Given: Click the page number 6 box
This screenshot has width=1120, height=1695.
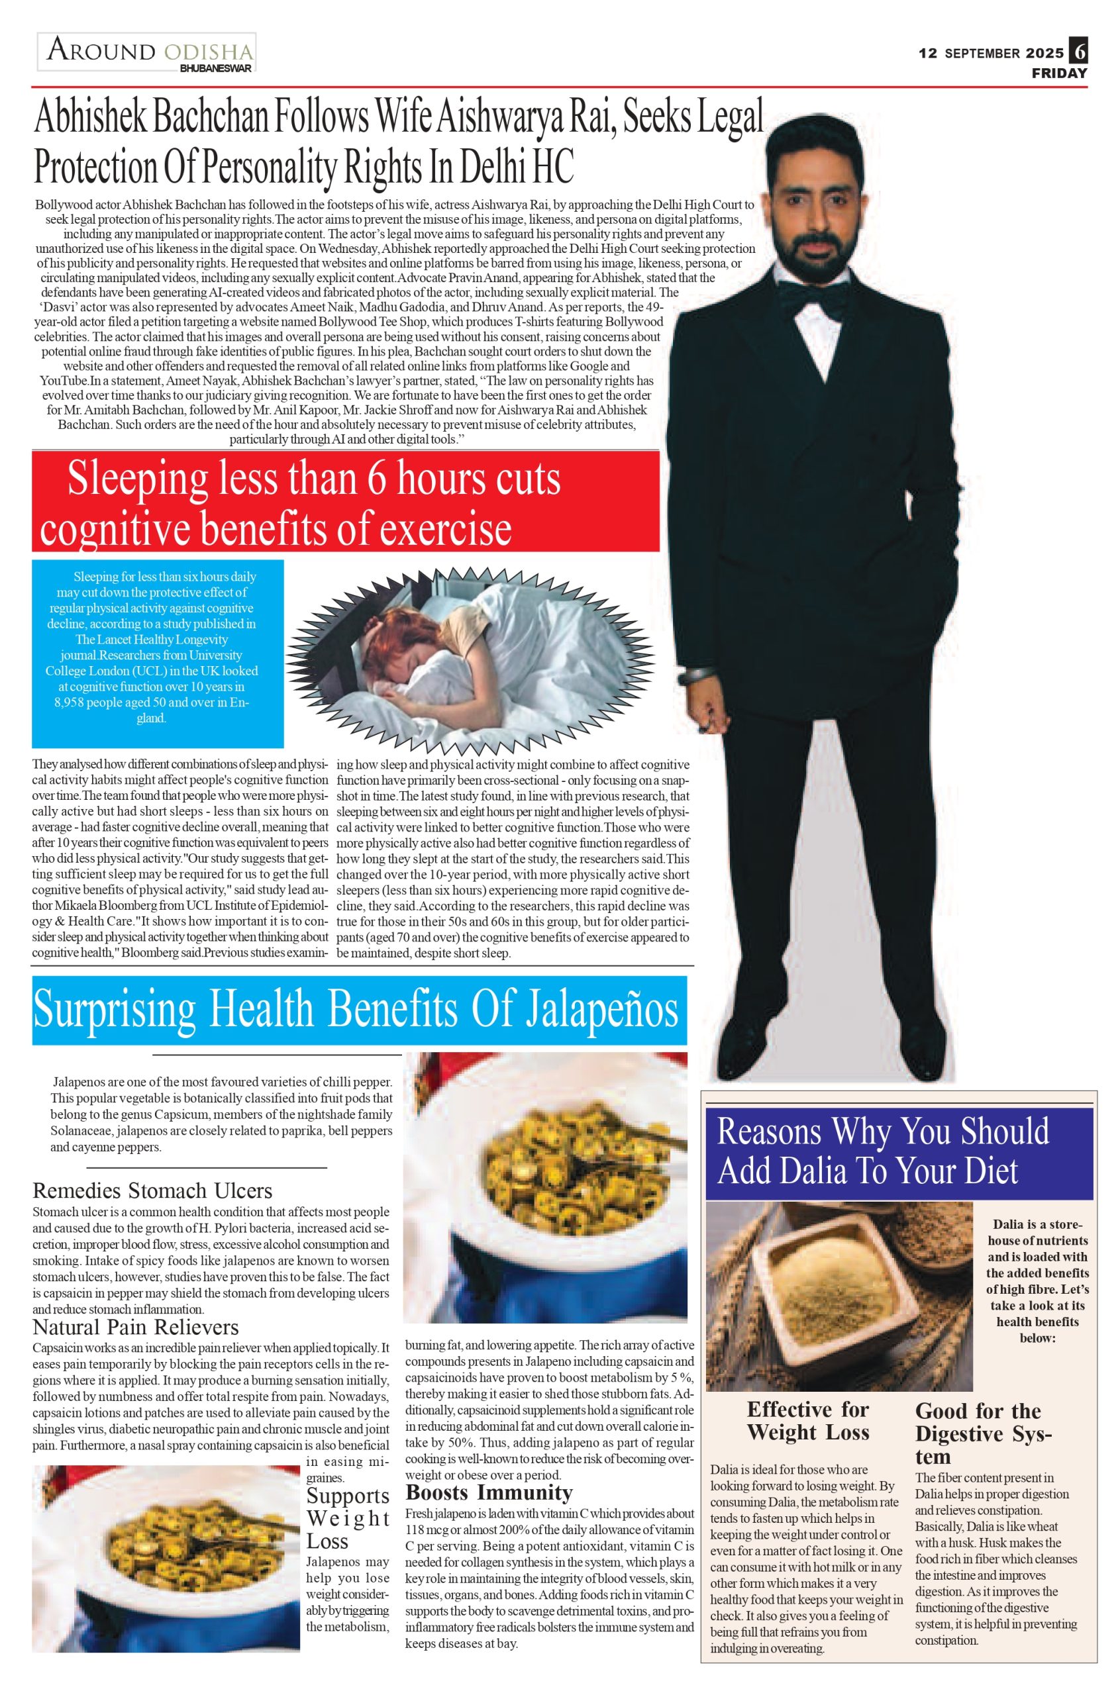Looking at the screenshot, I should [x=1078, y=52].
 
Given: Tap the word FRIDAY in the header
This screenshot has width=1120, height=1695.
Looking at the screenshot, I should [x=1059, y=73].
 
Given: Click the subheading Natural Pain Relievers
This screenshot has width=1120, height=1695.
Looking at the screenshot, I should [x=136, y=1327].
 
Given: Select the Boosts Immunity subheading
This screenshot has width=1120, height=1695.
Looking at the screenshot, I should [x=489, y=1492].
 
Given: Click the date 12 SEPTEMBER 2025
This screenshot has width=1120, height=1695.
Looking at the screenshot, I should [x=991, y=53].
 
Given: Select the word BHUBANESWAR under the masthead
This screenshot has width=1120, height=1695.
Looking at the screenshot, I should [x=216, y=69].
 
